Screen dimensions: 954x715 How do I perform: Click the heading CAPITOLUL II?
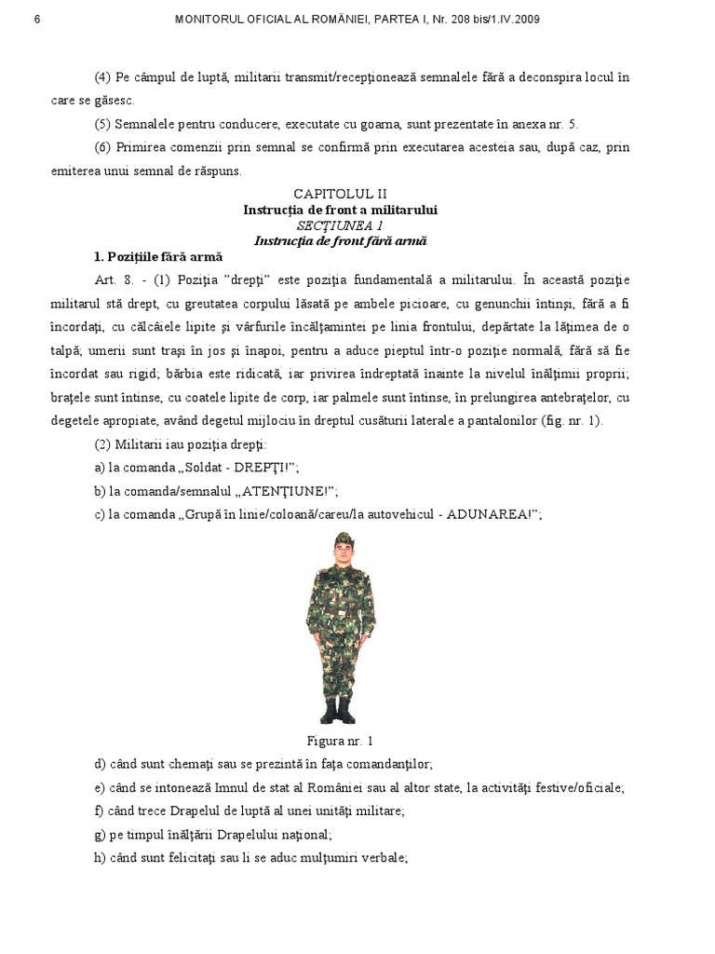click(x=340, y=194)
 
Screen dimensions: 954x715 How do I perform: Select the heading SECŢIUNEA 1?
click(x=340, y=225)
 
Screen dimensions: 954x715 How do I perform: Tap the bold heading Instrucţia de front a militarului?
click(x=340, y=210)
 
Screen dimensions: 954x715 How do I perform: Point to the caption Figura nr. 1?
click(x=341, y=741)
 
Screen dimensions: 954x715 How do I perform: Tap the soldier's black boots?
click(x=339, y=713)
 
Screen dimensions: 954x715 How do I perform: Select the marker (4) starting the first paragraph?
click(x=102, y=76)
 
